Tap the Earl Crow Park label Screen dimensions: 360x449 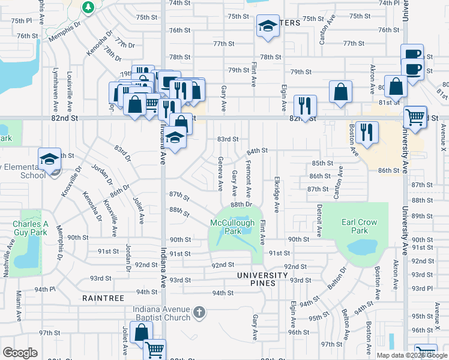click(x=359, y=226)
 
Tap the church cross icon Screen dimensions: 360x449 click(x=200, y=313)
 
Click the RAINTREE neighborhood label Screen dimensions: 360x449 click(x=103, y=298)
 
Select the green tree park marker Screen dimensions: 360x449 click(x=88, y=7)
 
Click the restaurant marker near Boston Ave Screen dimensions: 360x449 click(x=366, y=132)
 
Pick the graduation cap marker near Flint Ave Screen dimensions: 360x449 click(x=268, y=26)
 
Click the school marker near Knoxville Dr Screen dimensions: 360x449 click(x=49, y=159)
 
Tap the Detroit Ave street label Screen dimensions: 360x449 click(x=319, y=220)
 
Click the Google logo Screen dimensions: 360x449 click(x=20, y=353)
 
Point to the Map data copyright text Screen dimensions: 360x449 click(x=411, y=355)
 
